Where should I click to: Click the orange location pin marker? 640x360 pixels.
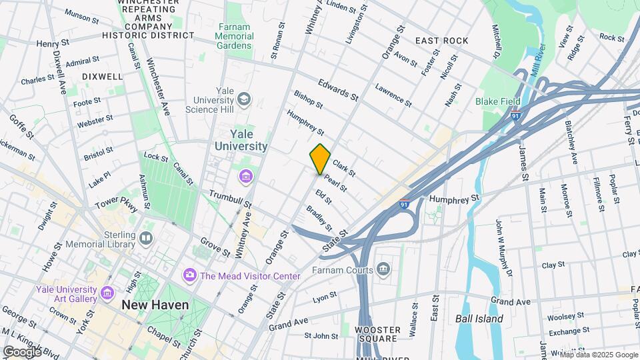click(x=320, y=159)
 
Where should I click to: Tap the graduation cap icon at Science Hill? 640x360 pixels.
click(x=245, y=99)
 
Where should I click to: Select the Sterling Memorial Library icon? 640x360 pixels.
click(x=146, y=237)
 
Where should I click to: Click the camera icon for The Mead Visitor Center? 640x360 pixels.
click(x=190, y=275)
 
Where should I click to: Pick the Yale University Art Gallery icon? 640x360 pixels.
click(x=107, y=293)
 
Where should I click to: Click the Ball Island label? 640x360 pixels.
click(x=479, y=319)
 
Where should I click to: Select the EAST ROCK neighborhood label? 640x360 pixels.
click(x=441, y=41)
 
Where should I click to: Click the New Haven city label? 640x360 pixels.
click(x=155, y=305)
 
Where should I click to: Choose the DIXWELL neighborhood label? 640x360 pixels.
click(x=102, y=77)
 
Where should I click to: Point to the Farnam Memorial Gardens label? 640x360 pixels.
click(x=234, y=37)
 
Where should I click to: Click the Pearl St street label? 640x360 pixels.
click(x=335, y=183)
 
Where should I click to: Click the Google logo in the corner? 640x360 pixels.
click(x=22, y=351)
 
